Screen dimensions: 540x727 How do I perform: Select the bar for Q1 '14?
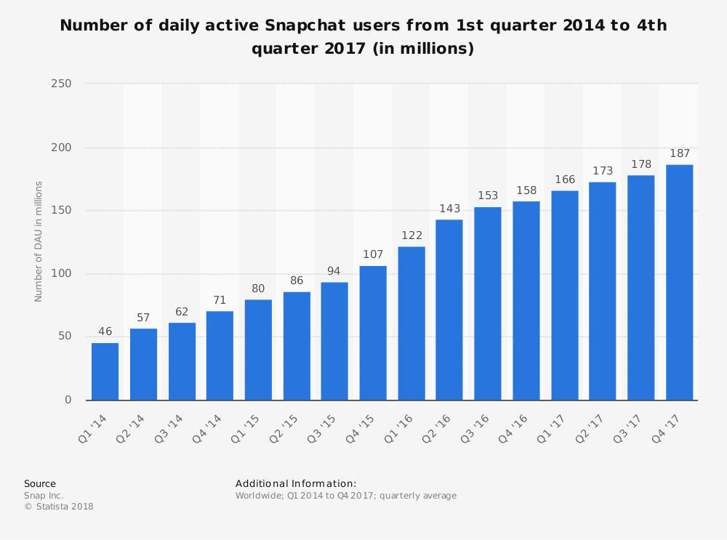(x=105, y=371)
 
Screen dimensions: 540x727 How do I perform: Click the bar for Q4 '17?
(x=679, y=283)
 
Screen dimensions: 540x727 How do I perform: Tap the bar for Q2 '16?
(x=449, y=310)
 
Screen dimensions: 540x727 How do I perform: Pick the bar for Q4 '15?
(x=372, y=333)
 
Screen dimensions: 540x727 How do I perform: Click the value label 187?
(x=679, y=154)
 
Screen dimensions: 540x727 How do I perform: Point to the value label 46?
(x=105, y=332)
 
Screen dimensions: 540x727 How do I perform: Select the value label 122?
(x=411, y=236)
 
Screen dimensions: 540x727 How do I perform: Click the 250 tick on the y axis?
(x=62, y=84)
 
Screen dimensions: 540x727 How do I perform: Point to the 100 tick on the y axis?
(x=62, y=274)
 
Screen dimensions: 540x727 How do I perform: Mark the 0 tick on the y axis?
(x=68, y=400)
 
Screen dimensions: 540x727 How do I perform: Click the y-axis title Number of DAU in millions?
(x=39, y=241)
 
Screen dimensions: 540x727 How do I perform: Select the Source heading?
(x=40, y=483)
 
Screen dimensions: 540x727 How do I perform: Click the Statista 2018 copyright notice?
(x=59, y=507)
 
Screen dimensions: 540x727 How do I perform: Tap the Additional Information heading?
(x=296, y=483)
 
